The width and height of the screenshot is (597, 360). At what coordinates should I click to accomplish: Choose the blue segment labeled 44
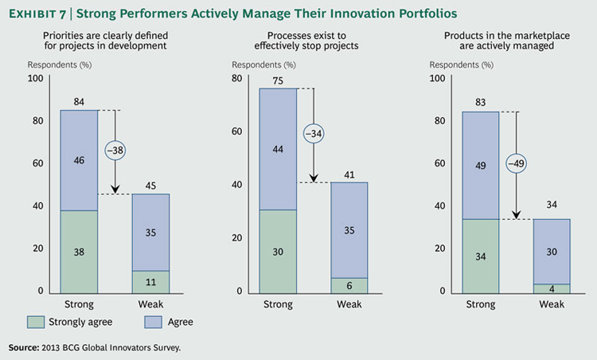pos(276,149)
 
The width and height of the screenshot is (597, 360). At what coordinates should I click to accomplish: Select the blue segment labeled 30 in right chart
pos(551,252)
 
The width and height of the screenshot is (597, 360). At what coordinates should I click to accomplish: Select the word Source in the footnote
pos(25,347)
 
